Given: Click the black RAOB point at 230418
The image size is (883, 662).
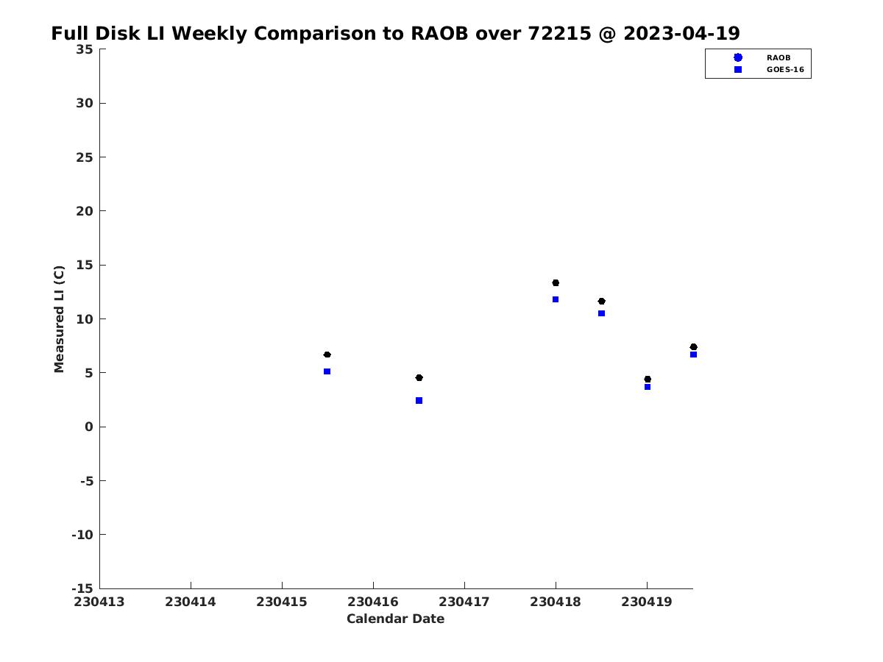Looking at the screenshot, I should point(556,282).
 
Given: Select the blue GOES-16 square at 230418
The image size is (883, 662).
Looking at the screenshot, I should point(556,299).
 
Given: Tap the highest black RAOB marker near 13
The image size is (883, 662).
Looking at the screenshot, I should point(556,282).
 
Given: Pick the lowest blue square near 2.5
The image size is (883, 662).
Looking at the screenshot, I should point(419,401).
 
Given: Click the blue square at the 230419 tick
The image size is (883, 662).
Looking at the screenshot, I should point(648,387).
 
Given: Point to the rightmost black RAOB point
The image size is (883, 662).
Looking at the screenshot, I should point(693,346).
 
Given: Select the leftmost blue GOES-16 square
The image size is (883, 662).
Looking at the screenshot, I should point(327,371).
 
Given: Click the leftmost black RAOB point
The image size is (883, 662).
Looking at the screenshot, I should point(327,355).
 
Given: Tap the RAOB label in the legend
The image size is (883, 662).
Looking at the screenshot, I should point(779,57).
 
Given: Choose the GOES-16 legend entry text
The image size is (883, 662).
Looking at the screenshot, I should point(785,69).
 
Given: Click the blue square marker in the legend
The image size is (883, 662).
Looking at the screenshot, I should point(738,69).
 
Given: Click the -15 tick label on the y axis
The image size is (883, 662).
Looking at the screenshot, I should point(82,588).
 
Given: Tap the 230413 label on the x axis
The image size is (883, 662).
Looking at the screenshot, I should point(99,602).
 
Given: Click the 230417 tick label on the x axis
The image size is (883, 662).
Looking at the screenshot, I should point(464,602).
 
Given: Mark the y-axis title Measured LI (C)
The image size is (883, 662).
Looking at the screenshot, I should point(60,319).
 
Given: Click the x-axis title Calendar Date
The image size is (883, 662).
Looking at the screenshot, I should point(395,619).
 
